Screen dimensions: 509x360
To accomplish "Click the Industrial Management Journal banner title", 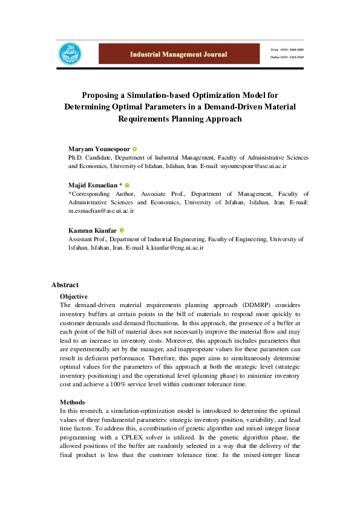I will coord(178,54).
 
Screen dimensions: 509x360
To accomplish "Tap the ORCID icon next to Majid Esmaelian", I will coord(128,185).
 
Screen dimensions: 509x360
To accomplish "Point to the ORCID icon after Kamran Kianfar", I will coord(122,230).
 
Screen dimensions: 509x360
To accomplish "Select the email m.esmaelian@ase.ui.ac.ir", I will coord(101,211).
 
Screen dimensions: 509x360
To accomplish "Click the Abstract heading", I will coord(65,285).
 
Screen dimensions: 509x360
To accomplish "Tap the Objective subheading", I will coord(74,296).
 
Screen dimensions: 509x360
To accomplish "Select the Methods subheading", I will coord(72,402).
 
